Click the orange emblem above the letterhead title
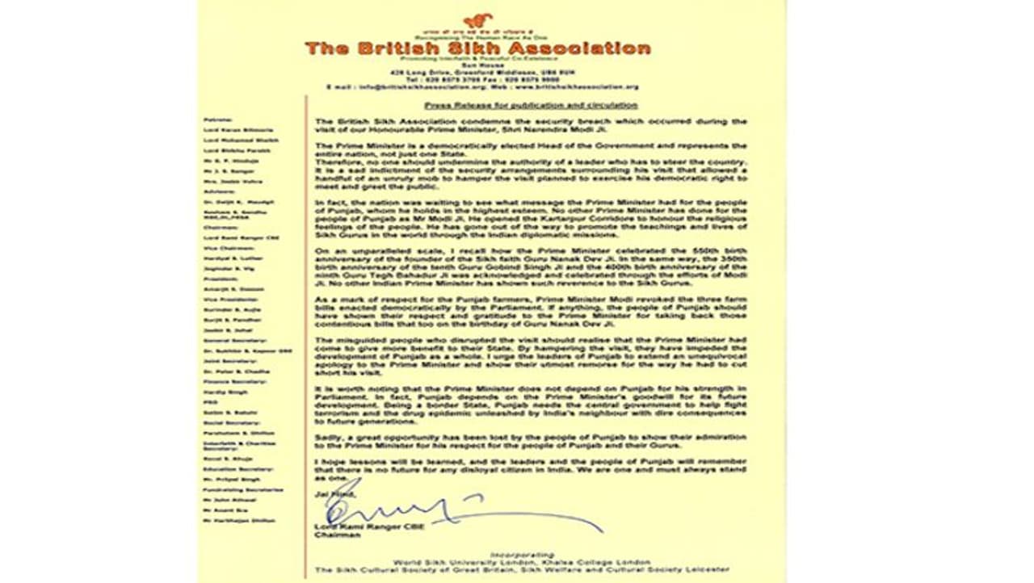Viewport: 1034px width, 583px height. pyautogui.click(x=477, y=21)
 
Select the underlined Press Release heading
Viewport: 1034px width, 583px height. pyautogui.click(x=531, y=106)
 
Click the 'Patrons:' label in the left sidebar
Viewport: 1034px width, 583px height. pyautogui.click(x=215, y=120)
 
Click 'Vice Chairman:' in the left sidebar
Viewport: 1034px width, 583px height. pyautogui.click(x=222, y=249)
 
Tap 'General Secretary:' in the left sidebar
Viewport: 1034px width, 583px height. pyautogui.click(x=225, y=342)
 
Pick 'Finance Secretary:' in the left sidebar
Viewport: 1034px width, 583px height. pyautogui.click(x=225, y=380)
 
